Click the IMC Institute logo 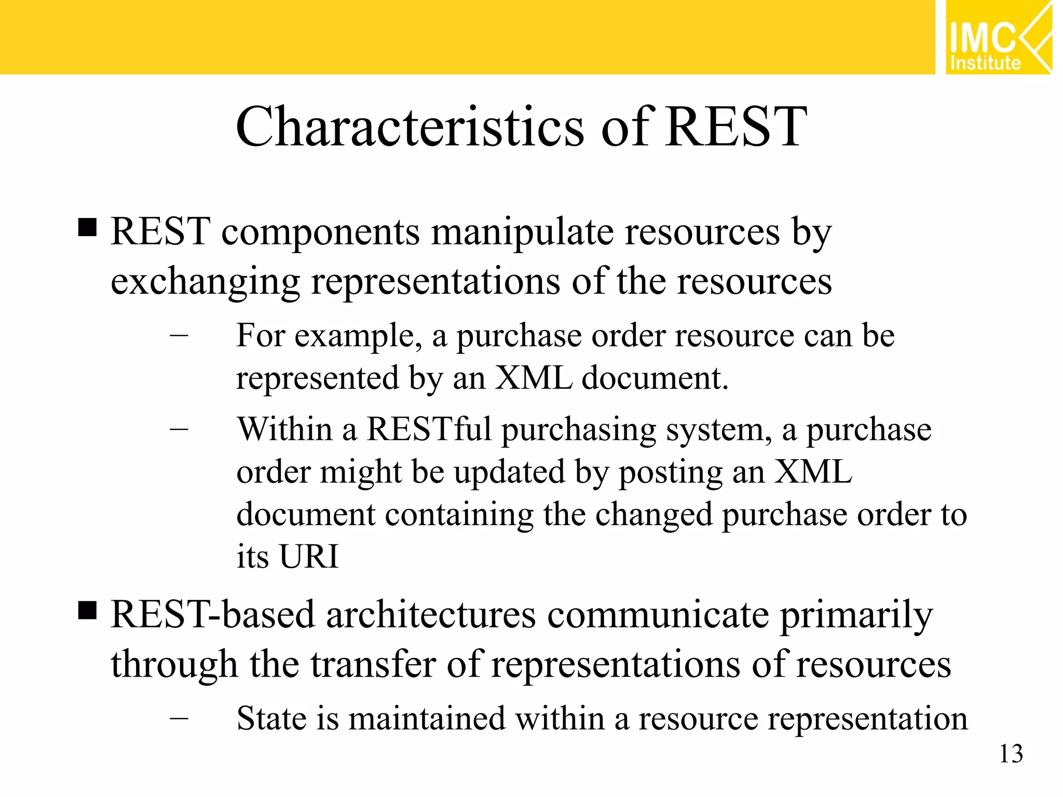(998, 37)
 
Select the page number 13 (1011, 754)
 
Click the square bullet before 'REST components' (88, 227)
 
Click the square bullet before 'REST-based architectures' (88, 611)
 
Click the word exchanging (206, 282)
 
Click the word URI (309, 557)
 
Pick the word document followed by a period (655, 378)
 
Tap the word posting (671, 473)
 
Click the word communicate (658, 615)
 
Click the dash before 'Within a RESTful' (179, 430)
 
